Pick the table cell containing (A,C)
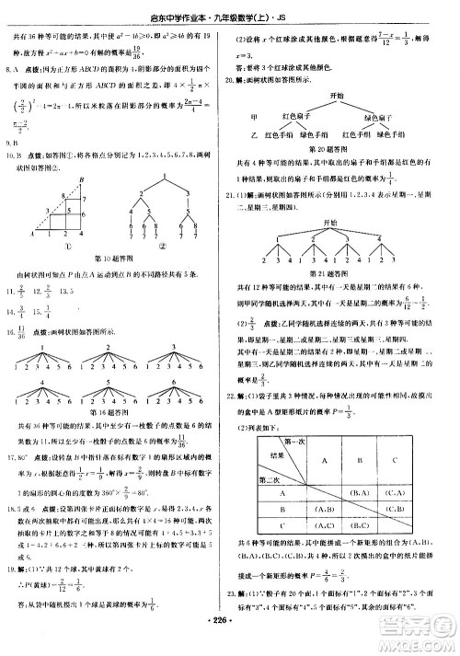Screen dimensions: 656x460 pos(397,490)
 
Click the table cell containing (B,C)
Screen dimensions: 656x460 pos(397,508)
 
